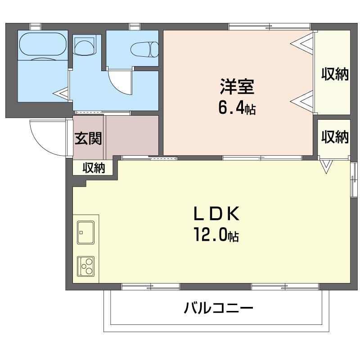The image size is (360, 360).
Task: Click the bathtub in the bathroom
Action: (x=43, y=44)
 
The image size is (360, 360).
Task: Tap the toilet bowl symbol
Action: (x=144, y=49)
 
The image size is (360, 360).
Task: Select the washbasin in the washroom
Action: (x=85, y=45)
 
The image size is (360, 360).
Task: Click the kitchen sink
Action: (x=86, y=232)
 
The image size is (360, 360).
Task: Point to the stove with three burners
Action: (x=86, y=266)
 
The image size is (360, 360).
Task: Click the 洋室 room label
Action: (x=237, y=86)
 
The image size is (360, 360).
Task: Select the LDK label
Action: (x=216, y=213)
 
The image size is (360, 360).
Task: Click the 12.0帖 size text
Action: (x=216, y=234)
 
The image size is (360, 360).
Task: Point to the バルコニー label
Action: (x=218, y=308)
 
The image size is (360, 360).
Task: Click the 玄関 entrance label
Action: (x=88, y=139)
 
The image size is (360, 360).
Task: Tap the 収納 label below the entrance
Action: (x=94, y=168)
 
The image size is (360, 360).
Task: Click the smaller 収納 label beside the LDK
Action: (x=335, y=137)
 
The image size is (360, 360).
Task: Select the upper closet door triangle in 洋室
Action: (x=301, y=43)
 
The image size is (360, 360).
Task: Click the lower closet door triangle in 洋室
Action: (x=301, y=101)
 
